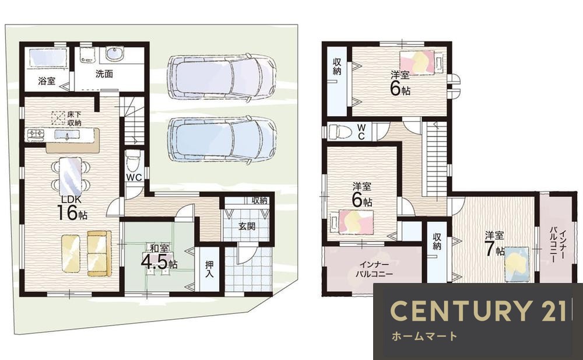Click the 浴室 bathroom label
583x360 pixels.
pyautogui.click(x=47, y=81)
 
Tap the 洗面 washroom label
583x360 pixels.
pyautogui.click(x=104, y=74)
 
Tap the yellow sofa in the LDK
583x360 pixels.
pyautogui.click(x=99, y=253)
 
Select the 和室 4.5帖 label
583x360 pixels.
pyautogui.click(x=159, y=257)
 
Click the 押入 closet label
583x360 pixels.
pyautogui.click(x=210, y=270)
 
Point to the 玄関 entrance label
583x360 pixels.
pyautogui.click(x=247, y=226)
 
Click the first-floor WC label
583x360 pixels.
pyautogui.click(x=134, y=177)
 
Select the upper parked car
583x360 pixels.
pyautogui.click(x=222, y=77)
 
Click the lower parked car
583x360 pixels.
pyautogui.click(x=222, y=139)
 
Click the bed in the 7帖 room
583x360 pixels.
pyautogui.click(x=517, y=264)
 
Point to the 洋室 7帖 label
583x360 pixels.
pyautogui.click(x=494, y=244)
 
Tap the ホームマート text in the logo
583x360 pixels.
pyautogui.click(x=424, y=336)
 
